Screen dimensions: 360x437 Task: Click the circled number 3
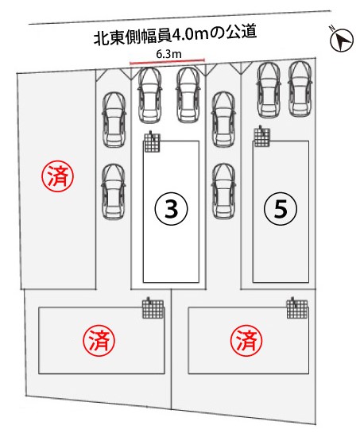[x=171, y=209]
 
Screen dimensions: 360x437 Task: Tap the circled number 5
[x=281, y=209]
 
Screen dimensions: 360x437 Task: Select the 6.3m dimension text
[x=168, y=54]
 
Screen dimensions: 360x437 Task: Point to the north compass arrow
[x=342, y=40]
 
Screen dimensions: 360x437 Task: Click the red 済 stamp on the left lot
[x=58, y=176]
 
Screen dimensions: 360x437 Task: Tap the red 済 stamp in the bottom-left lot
[x=99, y=340]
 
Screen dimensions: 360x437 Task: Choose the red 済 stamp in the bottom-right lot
[x=246, y=340]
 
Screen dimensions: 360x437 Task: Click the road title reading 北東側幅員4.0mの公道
[x=175, y=36]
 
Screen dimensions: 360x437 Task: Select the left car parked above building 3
[x=149, y=95]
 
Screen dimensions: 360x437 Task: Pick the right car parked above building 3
[x=188, y=95]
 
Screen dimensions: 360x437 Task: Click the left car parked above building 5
[x=269, y=90]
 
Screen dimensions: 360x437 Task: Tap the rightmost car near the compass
[x=300, y=89]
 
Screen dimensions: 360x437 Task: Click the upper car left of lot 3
[x=114, y=120]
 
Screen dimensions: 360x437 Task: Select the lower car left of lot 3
[x=114, y=191]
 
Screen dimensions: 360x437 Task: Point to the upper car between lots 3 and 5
[x=223, y=119]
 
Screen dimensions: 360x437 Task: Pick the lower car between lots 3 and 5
[x=223, y=191]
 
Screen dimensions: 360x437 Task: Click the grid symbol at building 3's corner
[x=153, y=142]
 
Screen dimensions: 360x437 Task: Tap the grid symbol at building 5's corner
[x=262, y=136]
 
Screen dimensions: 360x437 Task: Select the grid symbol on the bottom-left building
[x=153, y=308]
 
